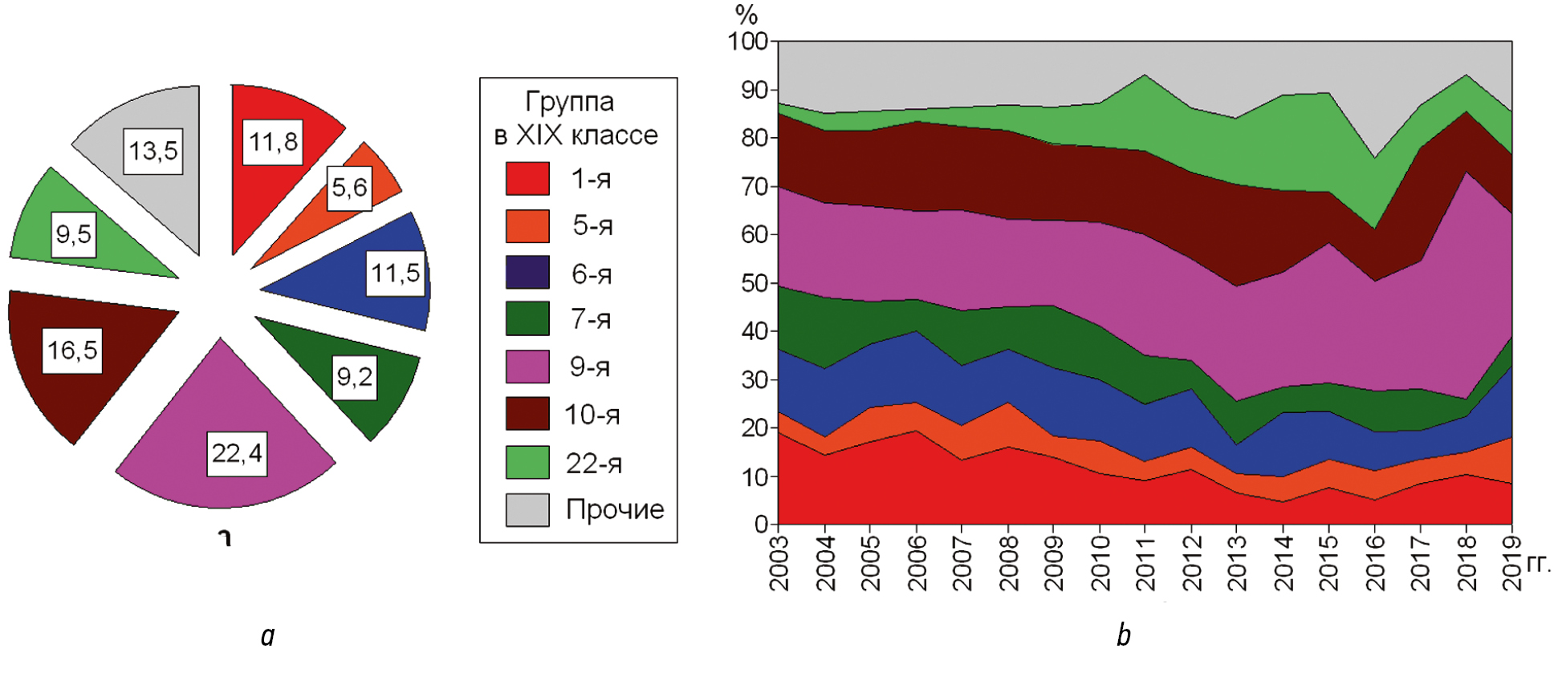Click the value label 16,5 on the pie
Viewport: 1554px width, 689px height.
(72, 351)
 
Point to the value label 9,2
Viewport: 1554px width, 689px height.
(355, 377)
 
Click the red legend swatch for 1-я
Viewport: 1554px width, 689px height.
(527, 179)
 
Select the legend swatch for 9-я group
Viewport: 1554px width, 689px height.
(527, 367)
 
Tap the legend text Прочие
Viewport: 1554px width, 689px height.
(615, 509)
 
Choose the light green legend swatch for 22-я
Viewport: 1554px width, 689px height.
(527, 463)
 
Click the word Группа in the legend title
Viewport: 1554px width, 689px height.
(569, 102)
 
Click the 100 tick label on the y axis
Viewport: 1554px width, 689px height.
(748, 41)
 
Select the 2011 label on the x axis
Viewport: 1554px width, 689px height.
(1145, 564)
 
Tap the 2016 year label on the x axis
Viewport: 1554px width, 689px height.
(1376, 564)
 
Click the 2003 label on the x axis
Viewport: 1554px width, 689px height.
(779, 564)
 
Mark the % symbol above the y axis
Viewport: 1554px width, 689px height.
(746, 14)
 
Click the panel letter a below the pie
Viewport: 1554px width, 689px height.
(268, 635)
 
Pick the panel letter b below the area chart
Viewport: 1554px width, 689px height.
(1124, 635)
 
